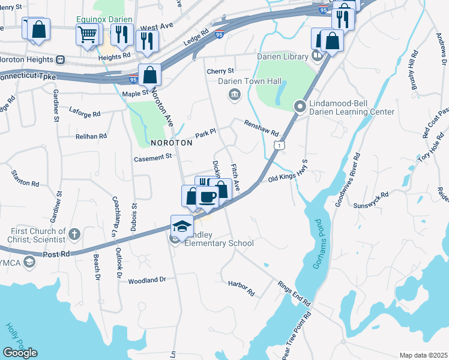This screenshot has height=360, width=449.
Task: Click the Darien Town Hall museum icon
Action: click(234, 94)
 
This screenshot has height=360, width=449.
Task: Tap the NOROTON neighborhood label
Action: click(172, 143)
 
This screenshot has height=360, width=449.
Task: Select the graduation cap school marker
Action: click(181, 226)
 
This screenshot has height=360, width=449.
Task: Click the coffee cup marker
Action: click(208, 196)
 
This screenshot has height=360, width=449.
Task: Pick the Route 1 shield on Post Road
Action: click(279, 146)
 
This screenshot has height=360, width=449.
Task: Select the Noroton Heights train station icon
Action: click(60, 59)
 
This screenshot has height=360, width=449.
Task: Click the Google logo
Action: click(20, 353)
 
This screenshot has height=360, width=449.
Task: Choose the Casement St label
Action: click(152, 157)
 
